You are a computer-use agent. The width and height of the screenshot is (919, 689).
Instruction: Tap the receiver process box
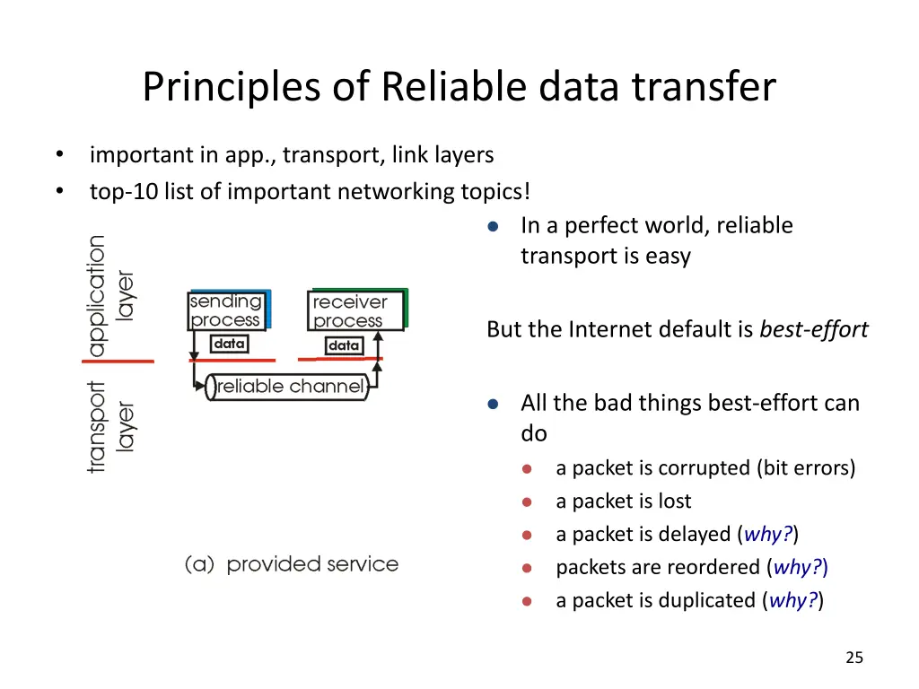(357, 310)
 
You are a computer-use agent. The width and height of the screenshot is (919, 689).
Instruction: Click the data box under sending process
(229, 344)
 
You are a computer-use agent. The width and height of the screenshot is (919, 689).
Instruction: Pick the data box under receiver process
(344, 345)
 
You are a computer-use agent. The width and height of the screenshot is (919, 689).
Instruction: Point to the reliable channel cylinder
(288, 387)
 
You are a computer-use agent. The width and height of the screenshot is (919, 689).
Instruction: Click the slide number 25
(854, 658)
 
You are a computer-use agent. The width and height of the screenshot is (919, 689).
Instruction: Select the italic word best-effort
(813, 330)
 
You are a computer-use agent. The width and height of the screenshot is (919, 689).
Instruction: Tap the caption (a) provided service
(292, 564)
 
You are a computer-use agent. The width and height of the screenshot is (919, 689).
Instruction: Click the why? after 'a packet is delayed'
(768, 535)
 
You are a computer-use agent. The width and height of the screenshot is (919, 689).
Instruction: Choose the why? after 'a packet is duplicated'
(793, 600)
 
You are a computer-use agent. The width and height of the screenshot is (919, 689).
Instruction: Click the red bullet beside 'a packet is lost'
(527, 502)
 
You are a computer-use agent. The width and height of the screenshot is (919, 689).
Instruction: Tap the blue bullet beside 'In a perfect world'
(493, 227)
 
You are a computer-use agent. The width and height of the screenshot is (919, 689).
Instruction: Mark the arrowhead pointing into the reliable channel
(200, 386)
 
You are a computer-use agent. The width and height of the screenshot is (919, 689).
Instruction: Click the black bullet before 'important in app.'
(60, 154)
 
